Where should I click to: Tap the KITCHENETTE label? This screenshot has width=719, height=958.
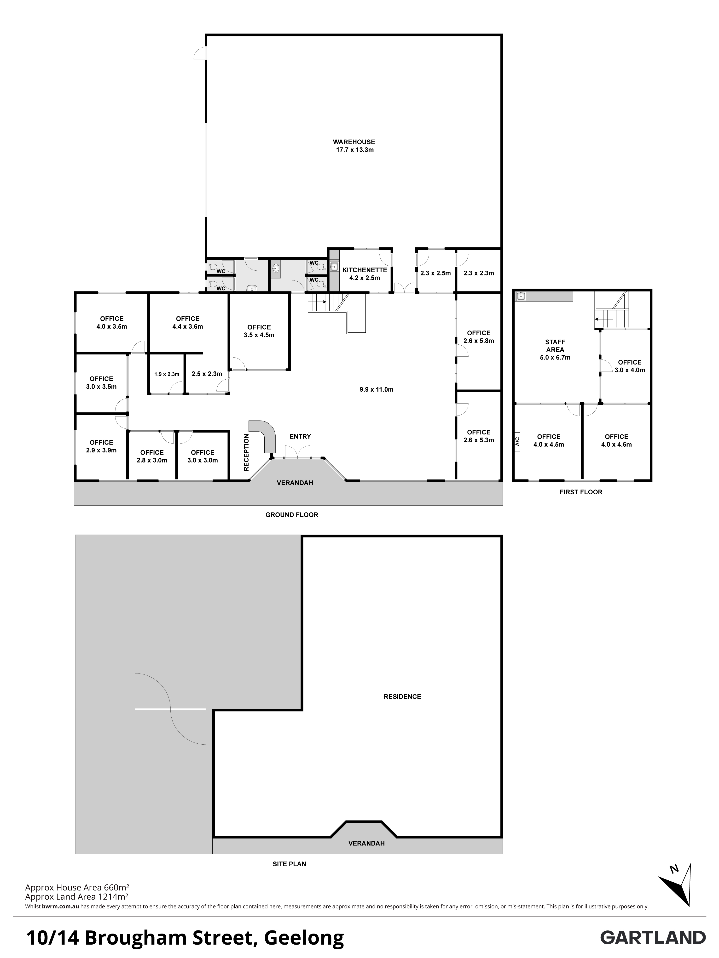coord(365,270)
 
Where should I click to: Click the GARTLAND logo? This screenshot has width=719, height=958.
coord(653,938)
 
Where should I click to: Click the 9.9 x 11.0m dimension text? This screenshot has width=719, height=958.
coord(377,389)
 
